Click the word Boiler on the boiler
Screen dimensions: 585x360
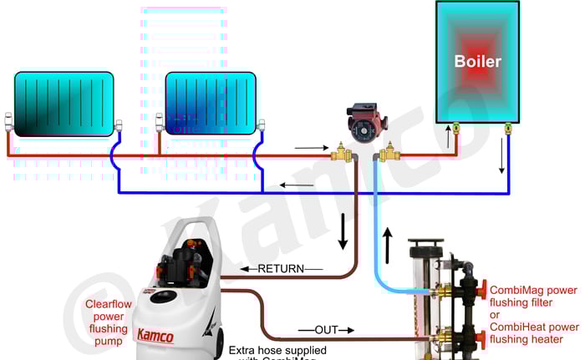point(478,62)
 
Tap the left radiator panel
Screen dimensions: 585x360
point(64,104)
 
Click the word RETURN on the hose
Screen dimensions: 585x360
point(279,269)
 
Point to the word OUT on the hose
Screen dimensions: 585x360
point(326,330)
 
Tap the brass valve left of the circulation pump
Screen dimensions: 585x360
point(341,153)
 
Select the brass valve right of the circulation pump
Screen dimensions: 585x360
point(389,153)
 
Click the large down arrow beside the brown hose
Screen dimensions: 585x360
point(343,232)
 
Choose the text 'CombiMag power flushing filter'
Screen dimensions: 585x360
point(533,296)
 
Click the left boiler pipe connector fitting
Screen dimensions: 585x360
point(457,129)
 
